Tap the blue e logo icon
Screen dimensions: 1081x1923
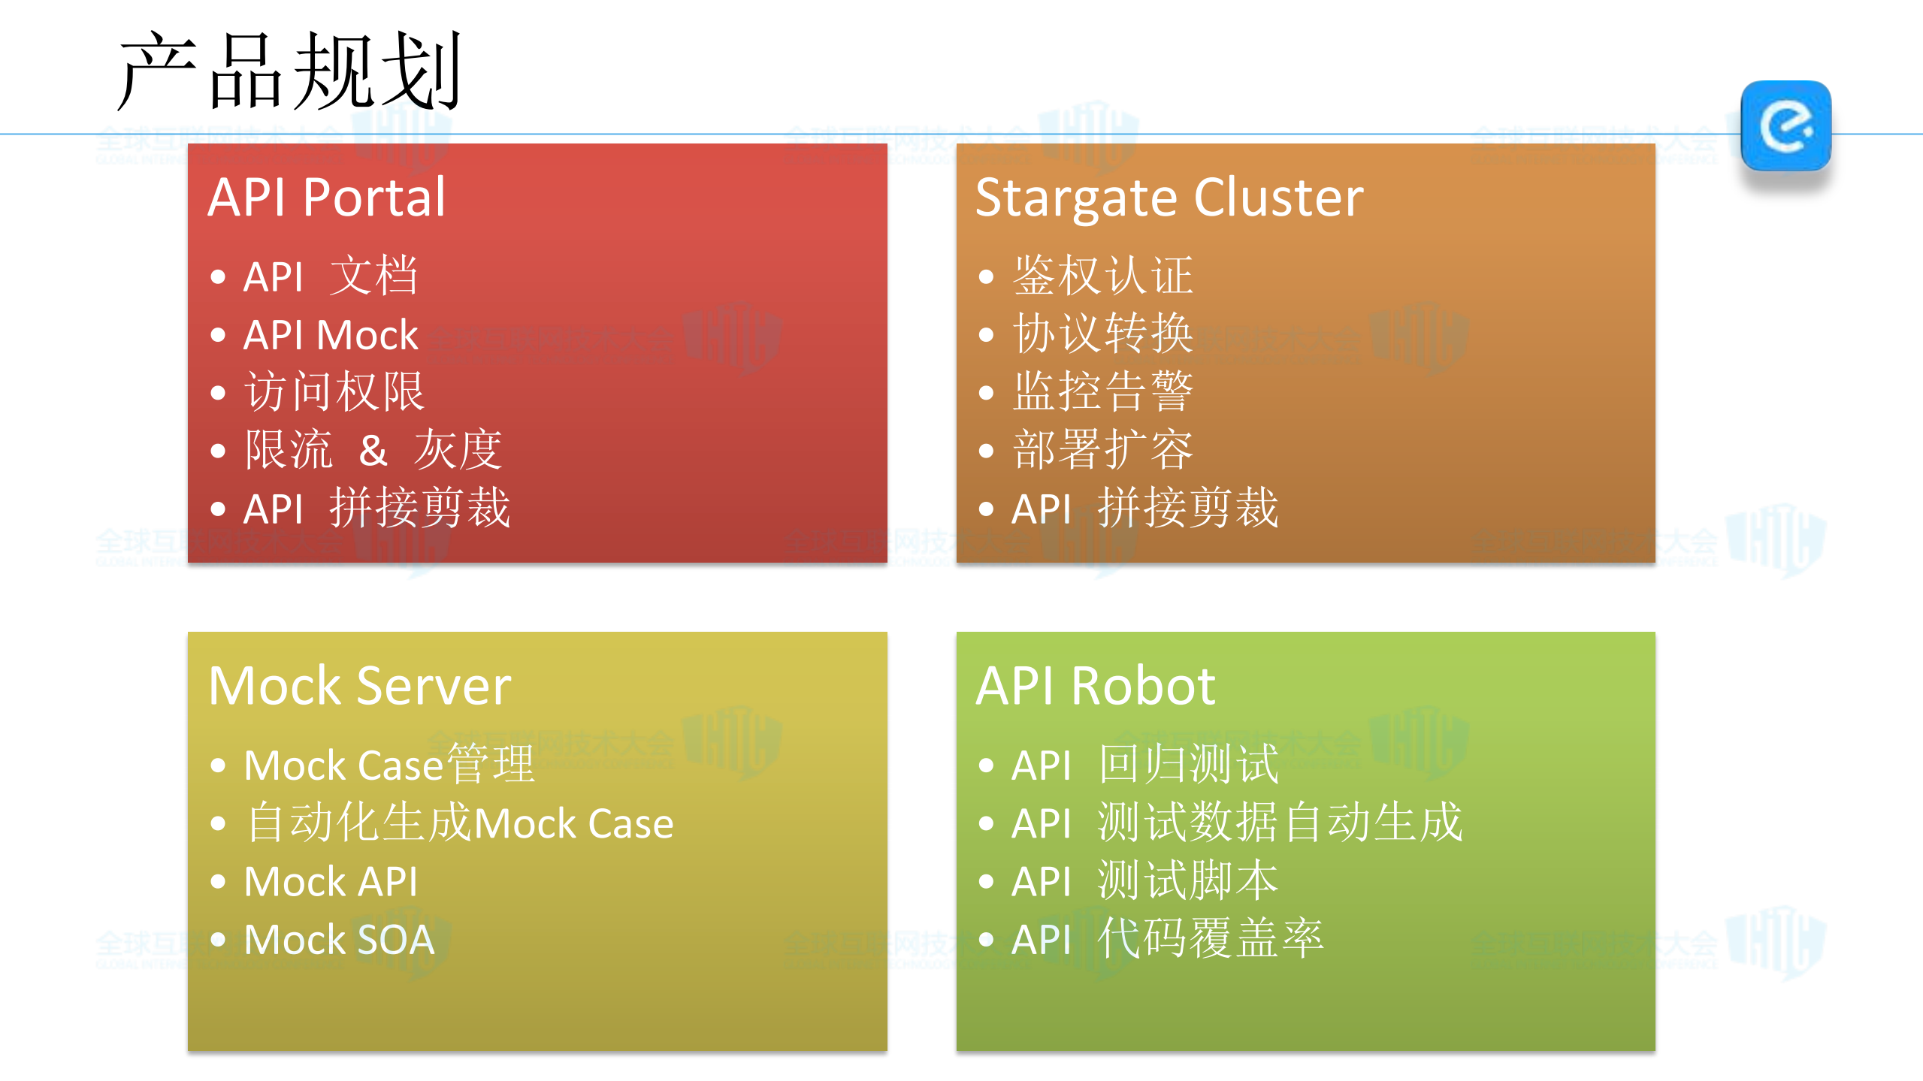1785,126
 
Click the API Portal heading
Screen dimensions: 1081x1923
327,198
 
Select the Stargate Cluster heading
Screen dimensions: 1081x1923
1169,198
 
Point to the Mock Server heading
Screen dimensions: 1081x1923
360,686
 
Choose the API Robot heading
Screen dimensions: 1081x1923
1095,686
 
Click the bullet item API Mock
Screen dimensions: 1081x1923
331,335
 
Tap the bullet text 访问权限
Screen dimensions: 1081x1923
334,392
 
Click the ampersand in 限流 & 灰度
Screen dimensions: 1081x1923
373,451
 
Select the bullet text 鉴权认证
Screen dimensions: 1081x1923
1102,276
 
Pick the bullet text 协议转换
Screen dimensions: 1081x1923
1102,334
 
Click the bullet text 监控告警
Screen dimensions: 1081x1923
1102,392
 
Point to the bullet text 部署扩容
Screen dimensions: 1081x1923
1102,451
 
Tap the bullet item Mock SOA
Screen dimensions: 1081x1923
340,940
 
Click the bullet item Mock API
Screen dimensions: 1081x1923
331,882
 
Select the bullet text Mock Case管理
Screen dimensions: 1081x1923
389,765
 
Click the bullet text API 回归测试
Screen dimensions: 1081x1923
1144,765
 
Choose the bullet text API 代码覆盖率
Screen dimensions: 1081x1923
1167,940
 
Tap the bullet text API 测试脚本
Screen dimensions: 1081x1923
1144,882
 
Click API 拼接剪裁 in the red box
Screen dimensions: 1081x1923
377,509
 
